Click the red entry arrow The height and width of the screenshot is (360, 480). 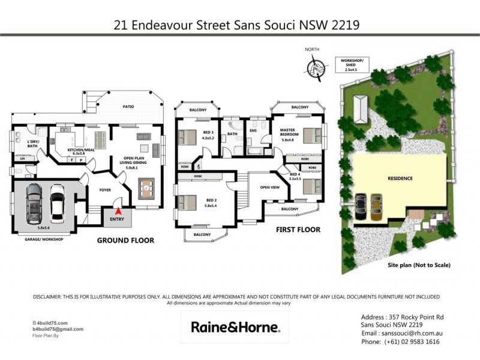[119, 211]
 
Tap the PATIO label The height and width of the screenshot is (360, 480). [128, 107]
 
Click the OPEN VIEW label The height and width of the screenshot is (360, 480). [268, 187]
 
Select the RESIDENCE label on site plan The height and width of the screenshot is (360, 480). [400, 178]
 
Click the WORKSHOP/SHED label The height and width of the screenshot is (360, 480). [351, 62]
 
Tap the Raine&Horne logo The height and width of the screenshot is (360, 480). [235, 328]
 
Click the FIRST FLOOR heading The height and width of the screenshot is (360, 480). [298, 230]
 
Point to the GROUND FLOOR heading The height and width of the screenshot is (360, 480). [126, 240]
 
